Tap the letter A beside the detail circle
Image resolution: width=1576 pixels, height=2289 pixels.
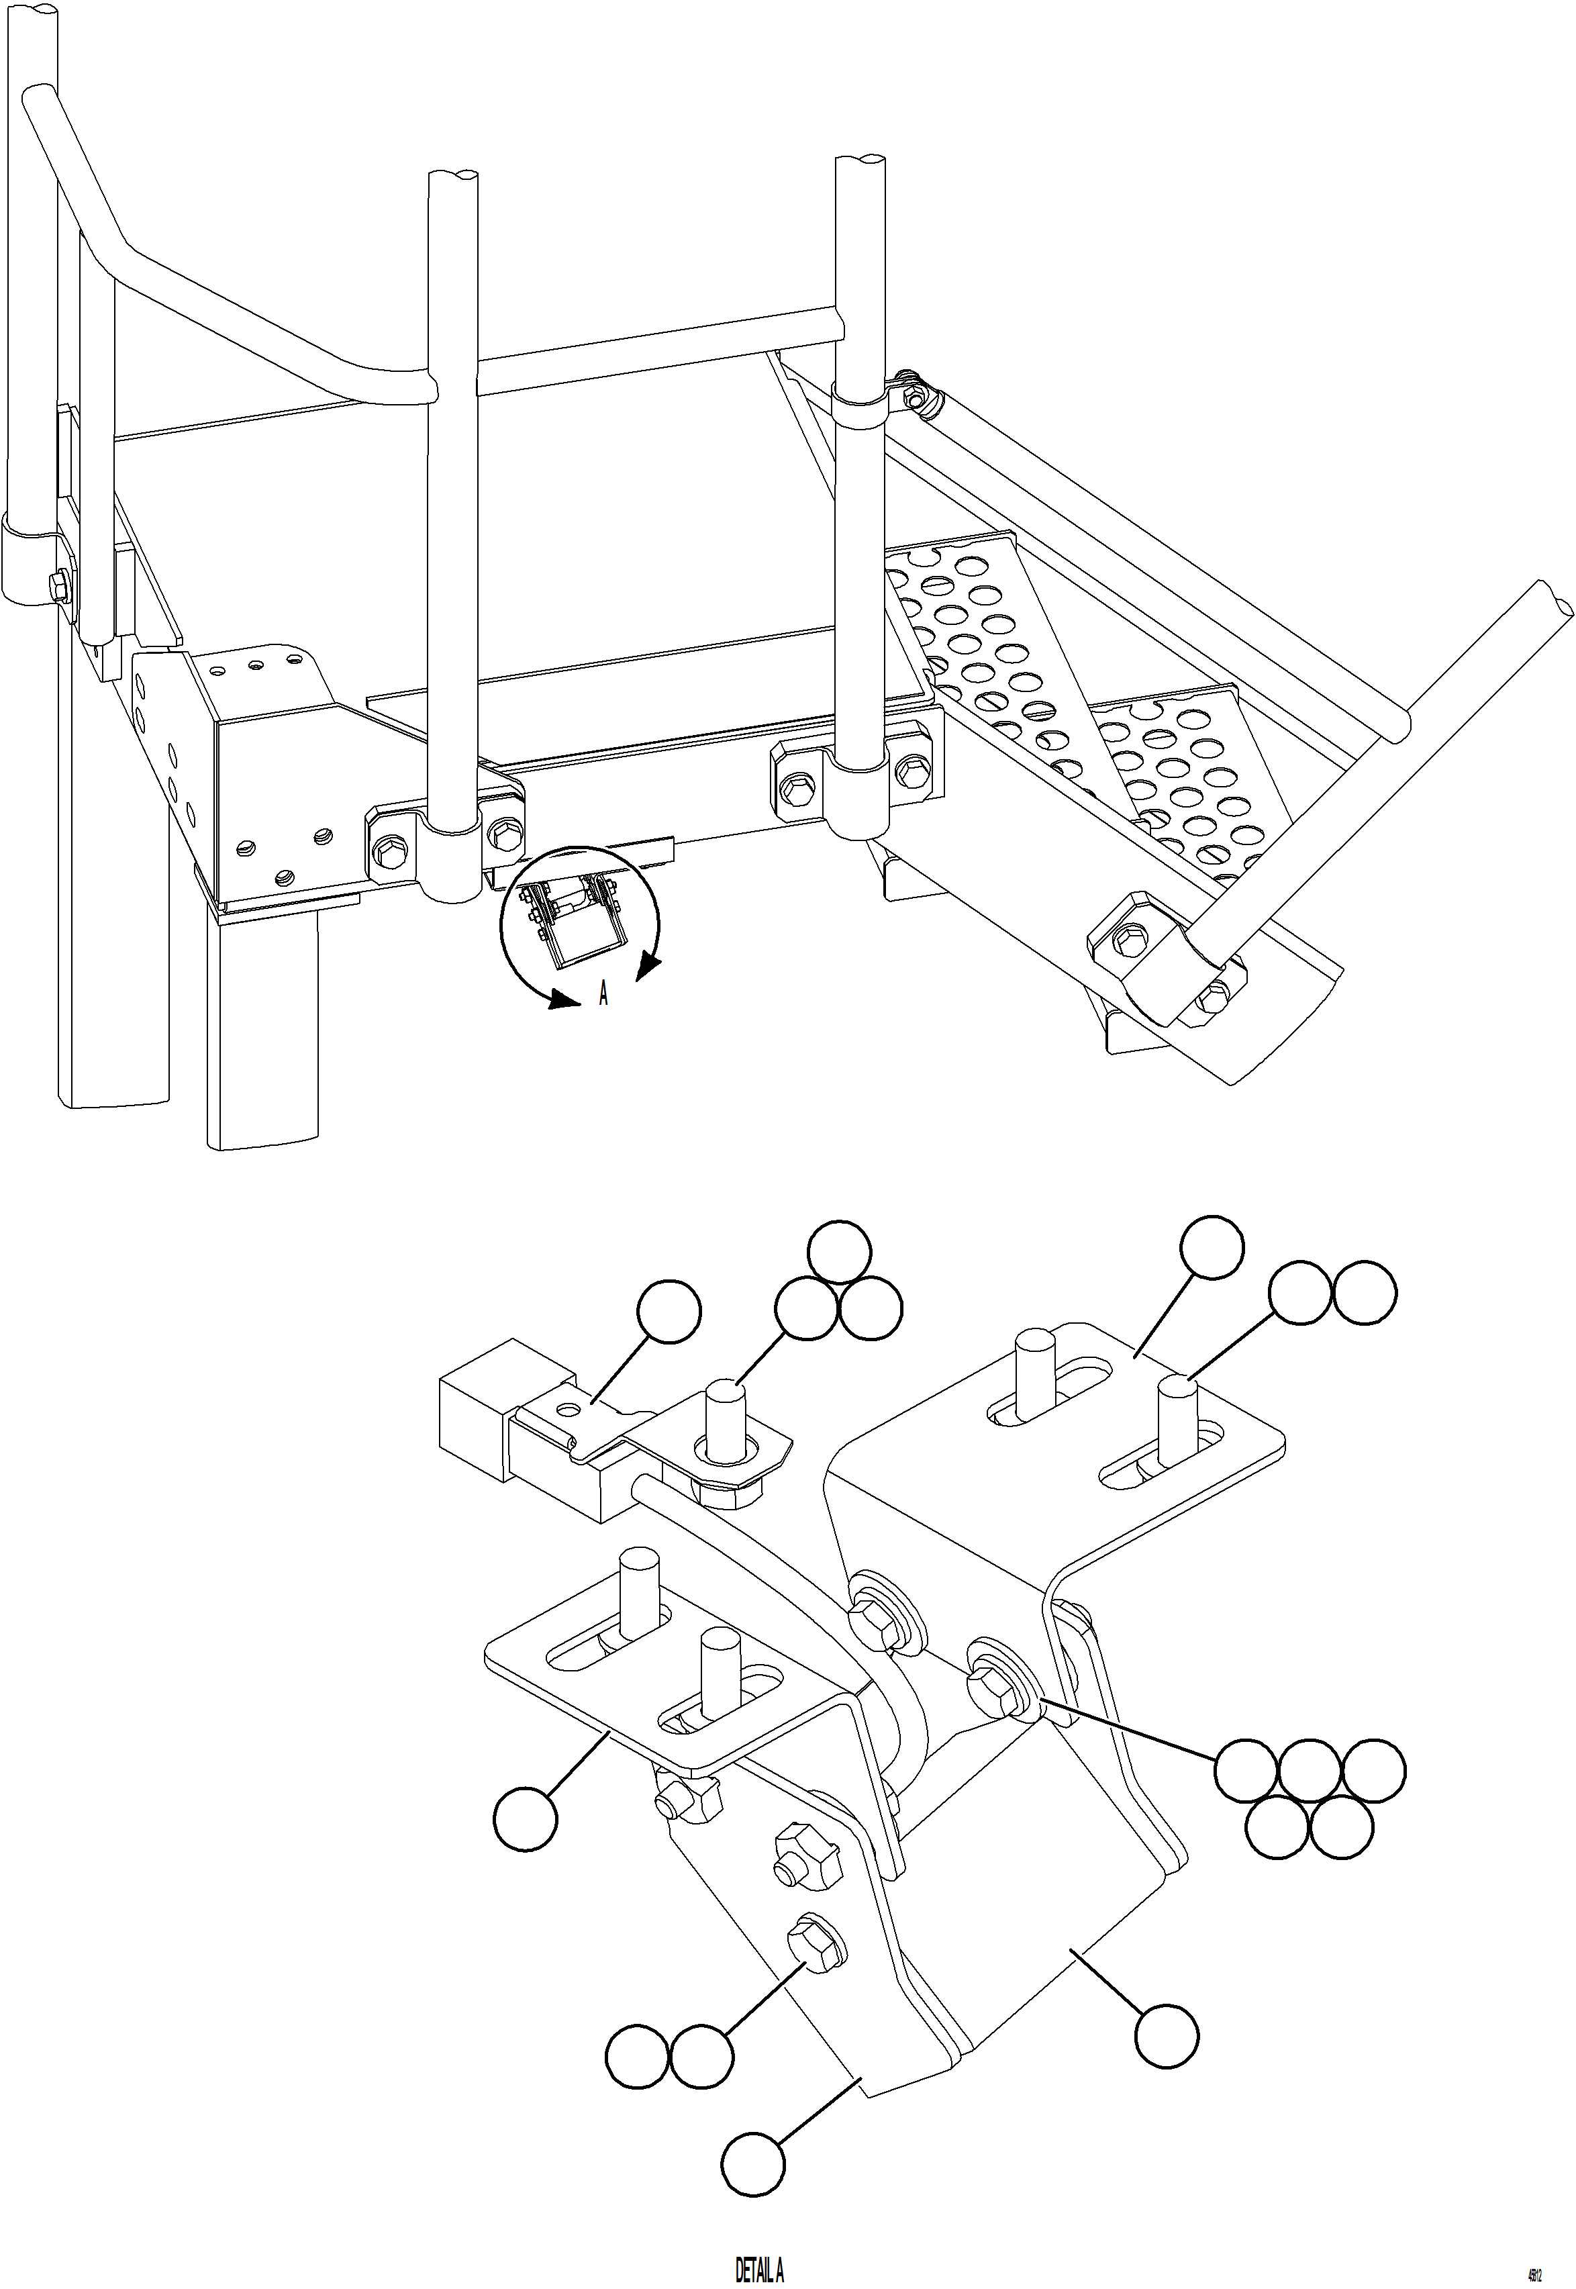603,994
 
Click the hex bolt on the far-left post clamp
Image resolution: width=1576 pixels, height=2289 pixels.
56,587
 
